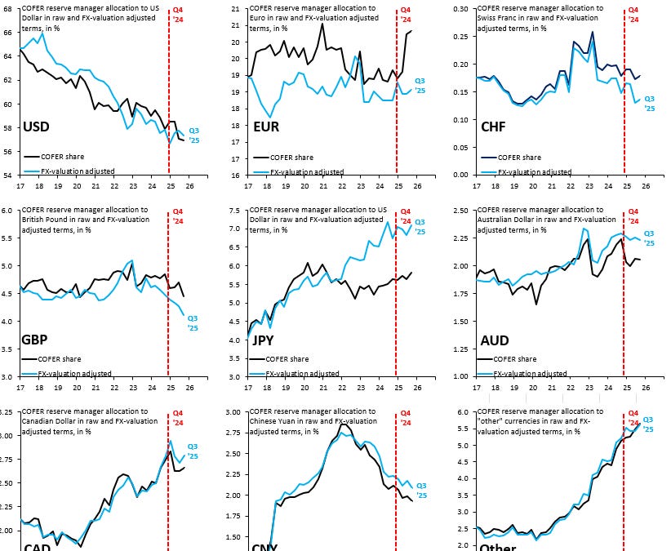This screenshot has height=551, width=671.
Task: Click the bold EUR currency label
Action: tap(267, 127)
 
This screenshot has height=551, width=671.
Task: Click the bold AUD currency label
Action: tap(496, 340)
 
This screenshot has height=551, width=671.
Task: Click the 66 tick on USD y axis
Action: tap(9, 32)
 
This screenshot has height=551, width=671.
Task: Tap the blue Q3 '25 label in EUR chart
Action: tap(420, 85)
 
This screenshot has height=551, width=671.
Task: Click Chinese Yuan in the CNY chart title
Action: tap(276, 421)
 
